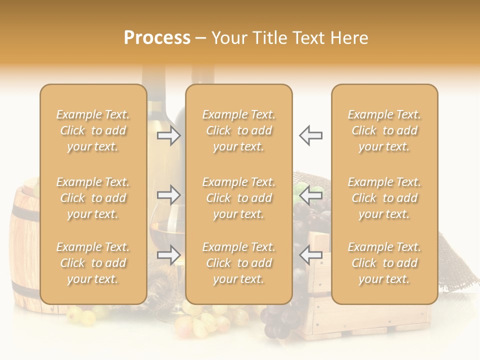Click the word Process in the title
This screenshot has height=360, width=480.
157,38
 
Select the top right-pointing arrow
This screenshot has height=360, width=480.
169,135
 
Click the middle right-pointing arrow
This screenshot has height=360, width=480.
169,195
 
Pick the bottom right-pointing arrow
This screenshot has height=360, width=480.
169,255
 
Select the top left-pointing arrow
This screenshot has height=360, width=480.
311,135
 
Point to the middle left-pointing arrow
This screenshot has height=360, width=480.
311,195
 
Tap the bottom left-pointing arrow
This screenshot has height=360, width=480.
311,255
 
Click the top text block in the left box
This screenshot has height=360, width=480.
93,130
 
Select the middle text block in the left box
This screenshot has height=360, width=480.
93,198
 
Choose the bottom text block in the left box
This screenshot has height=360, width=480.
93,263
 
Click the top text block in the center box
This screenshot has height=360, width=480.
239,130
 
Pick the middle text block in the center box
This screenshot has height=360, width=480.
239,198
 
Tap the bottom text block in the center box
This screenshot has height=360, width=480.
239,263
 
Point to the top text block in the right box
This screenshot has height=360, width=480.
384,130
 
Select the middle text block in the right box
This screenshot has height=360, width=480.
384,198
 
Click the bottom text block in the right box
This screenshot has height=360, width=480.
384,263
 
